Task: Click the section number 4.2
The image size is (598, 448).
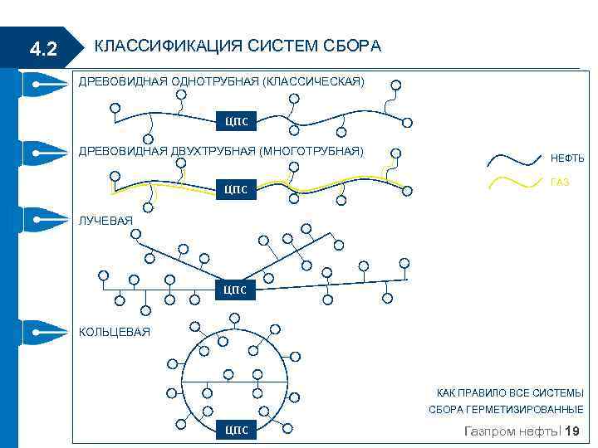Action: point(42,50)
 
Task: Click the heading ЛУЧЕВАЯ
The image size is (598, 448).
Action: point(105,221)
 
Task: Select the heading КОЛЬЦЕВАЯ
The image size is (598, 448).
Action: point(115,332)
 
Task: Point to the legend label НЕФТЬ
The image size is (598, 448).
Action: point(567,158)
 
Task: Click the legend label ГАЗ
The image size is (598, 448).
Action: point(560,183)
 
